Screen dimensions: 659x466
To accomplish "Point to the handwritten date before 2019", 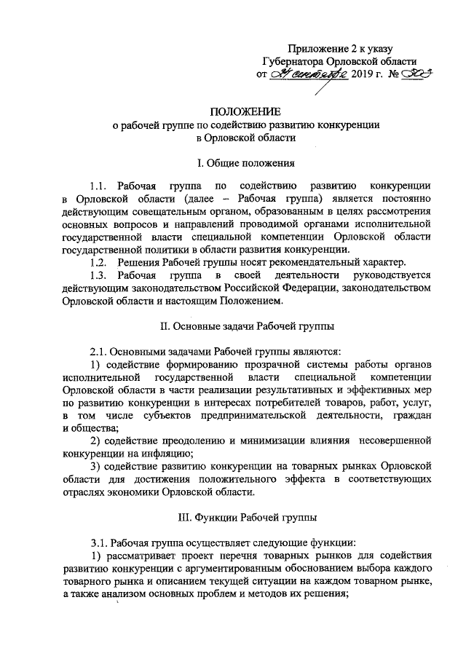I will pyautogui.click(x=302, y=75).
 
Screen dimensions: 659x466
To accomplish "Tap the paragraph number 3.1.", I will pyautogui.click(x=98, y=543).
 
